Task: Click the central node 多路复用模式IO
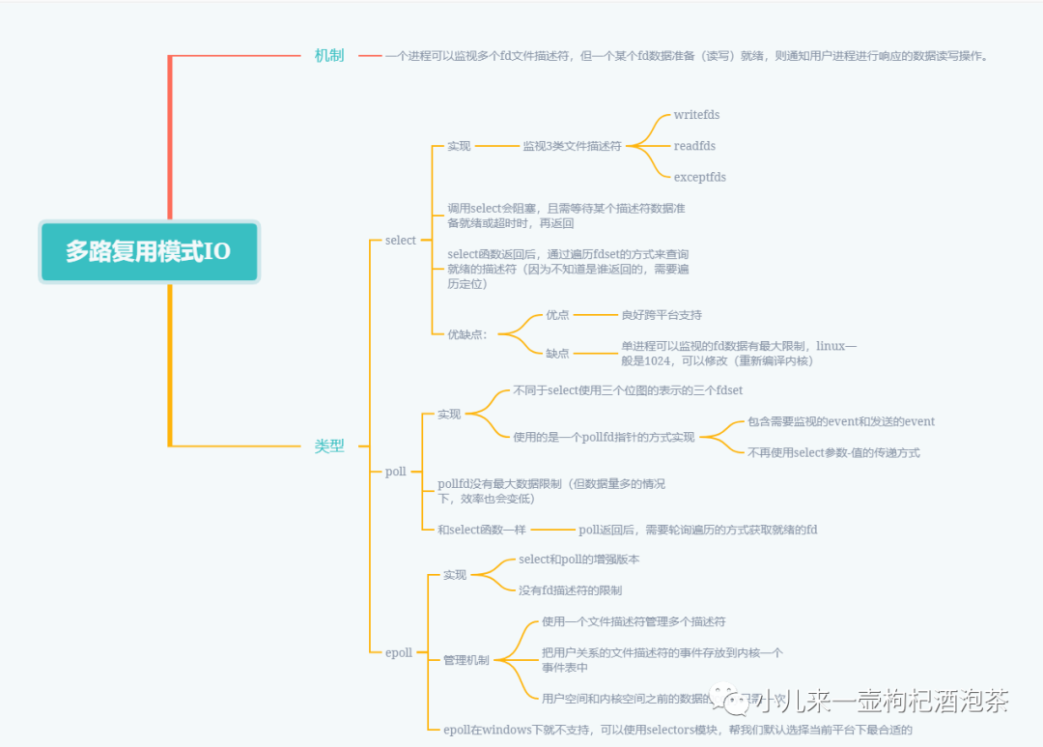coord(149,252)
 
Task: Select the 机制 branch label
coord(329,56)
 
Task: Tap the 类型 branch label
coord(329,445)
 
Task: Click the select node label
coord(400,240)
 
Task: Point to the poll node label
coord(395,472)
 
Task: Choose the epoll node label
coord(398,652)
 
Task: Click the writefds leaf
coord(696,115)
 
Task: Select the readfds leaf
coord(694,146)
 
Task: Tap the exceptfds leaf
coord(699,177)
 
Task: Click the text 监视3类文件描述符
coord(572,146)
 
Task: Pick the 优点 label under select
coord(557,315)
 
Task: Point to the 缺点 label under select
coord(557,354)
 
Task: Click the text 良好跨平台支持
coord(662,315)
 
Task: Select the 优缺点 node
coord(467,334)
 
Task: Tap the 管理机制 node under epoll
coord(465,660)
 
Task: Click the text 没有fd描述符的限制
coord(570,590)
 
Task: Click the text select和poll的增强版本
coord(578,560)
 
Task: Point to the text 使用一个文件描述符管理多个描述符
coord(634,621)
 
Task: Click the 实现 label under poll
coord(449,414)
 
